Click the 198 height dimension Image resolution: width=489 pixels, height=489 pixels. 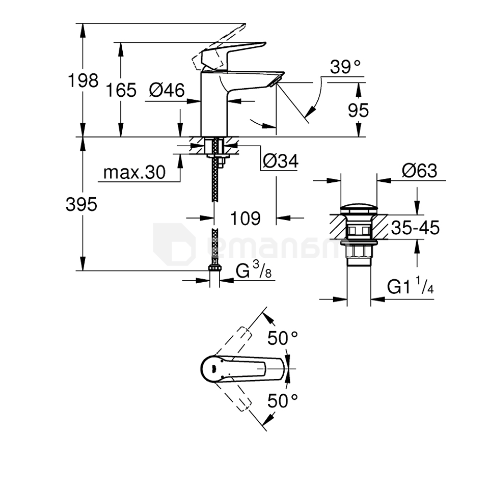click(x=83, y=80)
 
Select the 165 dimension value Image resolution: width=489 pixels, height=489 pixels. click(x=121, y=91)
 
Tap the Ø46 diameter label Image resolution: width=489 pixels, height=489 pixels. click(x=167, y=91)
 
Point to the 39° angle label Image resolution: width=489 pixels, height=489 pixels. click(x=345, y=67)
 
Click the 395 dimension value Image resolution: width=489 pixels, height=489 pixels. click(x=81, y=205)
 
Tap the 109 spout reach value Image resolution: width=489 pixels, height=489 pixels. click(x=245, y=218)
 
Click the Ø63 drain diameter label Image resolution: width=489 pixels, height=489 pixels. click(x=419, y=171)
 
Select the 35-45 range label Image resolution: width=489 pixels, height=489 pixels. click(x=415, y=228)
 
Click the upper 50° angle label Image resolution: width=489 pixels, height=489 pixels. click(x=283, y=337)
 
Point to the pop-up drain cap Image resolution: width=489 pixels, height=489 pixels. click(x=359, y=209)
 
